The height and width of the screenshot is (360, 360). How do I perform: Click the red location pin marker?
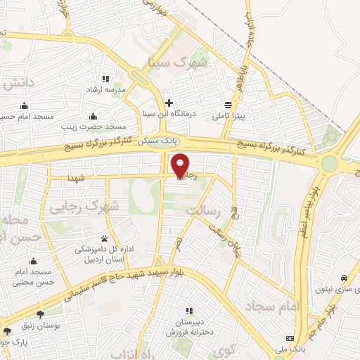click(x=181, y=165)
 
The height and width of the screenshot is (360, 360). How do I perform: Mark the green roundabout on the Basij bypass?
click(x=330, y=165)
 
